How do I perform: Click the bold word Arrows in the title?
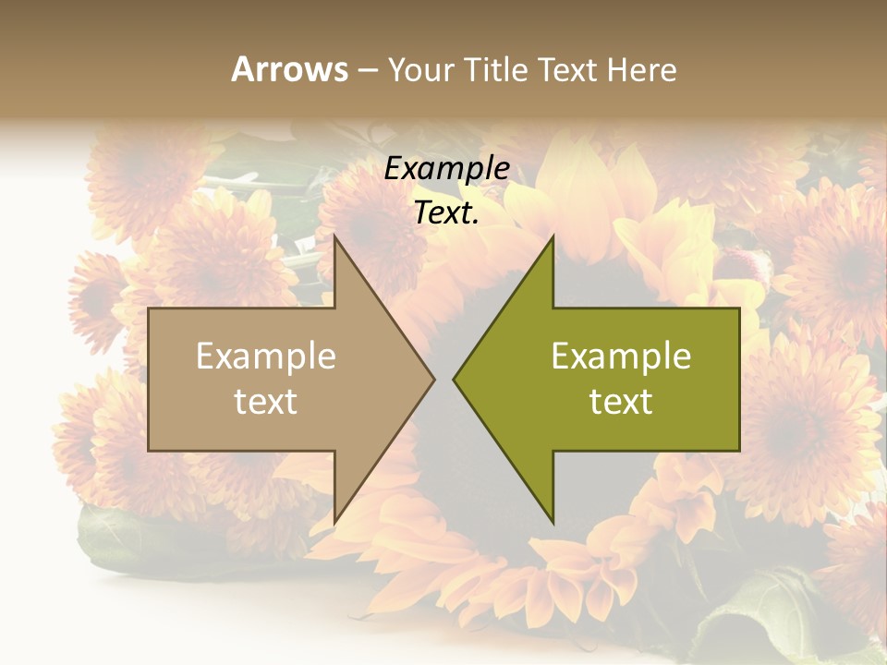(289, 69)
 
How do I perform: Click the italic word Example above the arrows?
(447, 169)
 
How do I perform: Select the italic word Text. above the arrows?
(447, 213)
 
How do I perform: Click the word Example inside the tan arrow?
(266, 357)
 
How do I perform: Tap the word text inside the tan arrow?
(266, 402)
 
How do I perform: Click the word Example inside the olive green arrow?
(621, 357)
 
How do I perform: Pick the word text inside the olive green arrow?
(621, 402)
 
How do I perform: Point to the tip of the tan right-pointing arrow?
(434, 379)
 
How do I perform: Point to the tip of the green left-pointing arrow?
(454, 379)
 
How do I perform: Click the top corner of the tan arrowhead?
(334, 236)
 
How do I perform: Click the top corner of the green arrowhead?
(553, 236)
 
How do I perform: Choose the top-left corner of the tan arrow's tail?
(149, 308)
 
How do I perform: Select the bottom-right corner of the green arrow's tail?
(739, 451)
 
